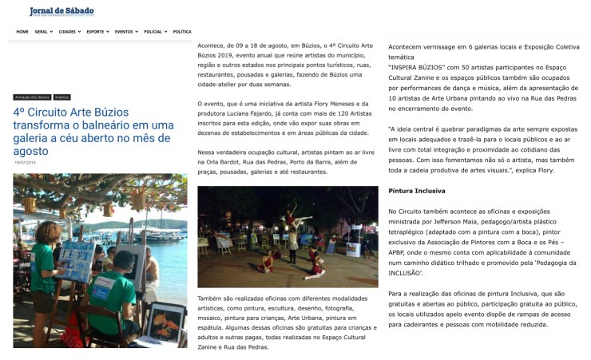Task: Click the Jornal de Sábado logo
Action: tap(61, 11)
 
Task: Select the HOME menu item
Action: tap(22, 31)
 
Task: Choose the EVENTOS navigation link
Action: tap(125, 31)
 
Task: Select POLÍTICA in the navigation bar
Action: tap(182, 31)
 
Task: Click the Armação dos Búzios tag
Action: tap(32, 97)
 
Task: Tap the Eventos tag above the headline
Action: tap(62, 97)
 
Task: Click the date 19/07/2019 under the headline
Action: tap(25, 162)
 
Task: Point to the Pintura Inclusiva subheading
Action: tap(417, 192)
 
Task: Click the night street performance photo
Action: tap(288, 236)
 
